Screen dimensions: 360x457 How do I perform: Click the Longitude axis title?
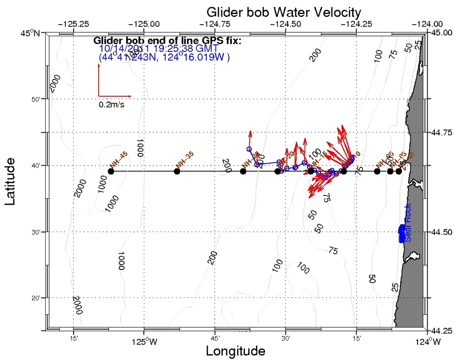point(235,351)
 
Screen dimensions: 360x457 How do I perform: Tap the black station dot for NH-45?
point(111,171)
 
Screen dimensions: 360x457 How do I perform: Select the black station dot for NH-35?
point(177,171)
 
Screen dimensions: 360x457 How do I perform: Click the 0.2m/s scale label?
point(111,104)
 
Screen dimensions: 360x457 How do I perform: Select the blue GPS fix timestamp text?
point(159,49)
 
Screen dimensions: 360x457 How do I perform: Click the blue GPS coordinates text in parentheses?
point(164,57)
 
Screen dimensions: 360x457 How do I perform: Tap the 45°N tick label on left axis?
point(32,33)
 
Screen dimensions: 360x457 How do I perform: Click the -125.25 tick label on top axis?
point(73,23)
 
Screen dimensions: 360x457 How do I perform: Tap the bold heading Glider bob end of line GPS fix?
point(167,40)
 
